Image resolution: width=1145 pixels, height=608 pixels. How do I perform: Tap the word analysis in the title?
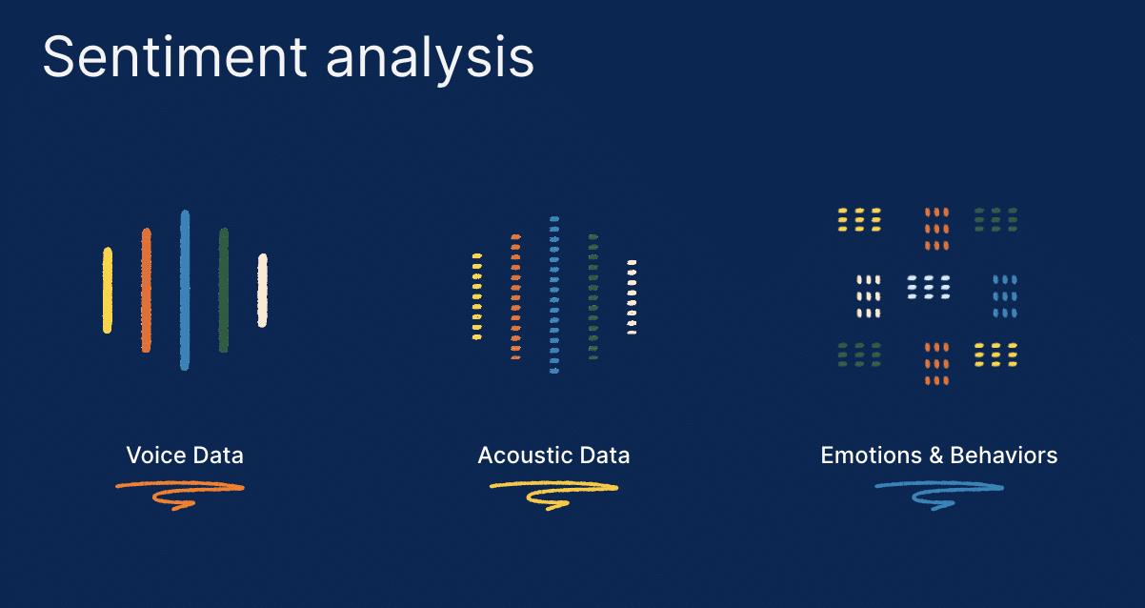430,60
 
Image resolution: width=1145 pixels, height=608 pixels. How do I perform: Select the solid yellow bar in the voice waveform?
108,291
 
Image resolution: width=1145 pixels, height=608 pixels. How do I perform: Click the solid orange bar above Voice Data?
146,291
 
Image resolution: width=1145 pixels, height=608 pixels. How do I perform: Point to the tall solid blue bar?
185,291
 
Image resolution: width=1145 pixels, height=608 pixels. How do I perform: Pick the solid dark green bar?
223,291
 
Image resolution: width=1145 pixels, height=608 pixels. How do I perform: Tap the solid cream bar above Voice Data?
262,291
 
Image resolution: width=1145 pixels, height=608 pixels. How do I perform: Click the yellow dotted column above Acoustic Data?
477,296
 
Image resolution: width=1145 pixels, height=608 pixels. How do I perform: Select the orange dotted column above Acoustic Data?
515,297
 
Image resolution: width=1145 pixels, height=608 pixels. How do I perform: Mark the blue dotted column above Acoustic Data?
554,295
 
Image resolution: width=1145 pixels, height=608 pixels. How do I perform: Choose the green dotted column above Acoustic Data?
593,297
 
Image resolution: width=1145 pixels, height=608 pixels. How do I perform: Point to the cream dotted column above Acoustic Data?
632,297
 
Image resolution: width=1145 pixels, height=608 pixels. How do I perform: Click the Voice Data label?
185,456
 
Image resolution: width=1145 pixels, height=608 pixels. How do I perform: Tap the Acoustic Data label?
553,456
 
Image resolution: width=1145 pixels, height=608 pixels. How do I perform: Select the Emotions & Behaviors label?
938,456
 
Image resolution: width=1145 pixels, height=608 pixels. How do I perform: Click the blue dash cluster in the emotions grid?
1005,296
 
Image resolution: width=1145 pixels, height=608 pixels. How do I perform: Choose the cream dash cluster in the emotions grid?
869,296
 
